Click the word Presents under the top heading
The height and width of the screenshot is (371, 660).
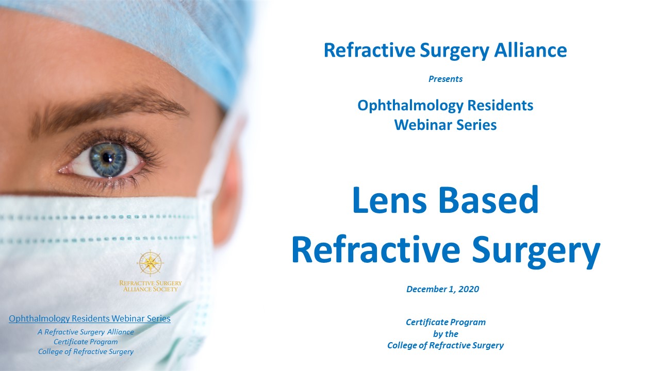pyautogui.click(x=445, y=79)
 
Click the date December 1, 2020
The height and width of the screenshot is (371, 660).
pyautogui.click(x=442, y=289)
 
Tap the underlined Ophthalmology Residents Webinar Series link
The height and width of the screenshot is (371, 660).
pyautogui.click(x=90, y=319)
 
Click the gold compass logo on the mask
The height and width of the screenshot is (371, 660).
pyautogui.click(x=150, y=263)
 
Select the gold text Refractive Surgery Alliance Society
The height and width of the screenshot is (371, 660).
pyautogui.click(x=150, y=286)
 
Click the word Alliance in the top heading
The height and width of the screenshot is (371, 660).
pyautogui.click(x=531, y=50)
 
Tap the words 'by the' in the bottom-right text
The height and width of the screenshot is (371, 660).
pyautogui.click(x=445, y=334)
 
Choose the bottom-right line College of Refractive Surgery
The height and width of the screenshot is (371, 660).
pyautogui.click(x=445, y=345)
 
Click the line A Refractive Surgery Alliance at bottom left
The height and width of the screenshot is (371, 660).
pyautogui.click(x=86, y=332)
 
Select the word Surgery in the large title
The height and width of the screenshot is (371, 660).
pyautogui.click(x=536, y=250)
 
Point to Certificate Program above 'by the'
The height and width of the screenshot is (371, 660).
pyautogui.click(x=445, y=323)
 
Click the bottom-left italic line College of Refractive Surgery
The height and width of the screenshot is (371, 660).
pyautogui.click(x=86, y=351)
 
